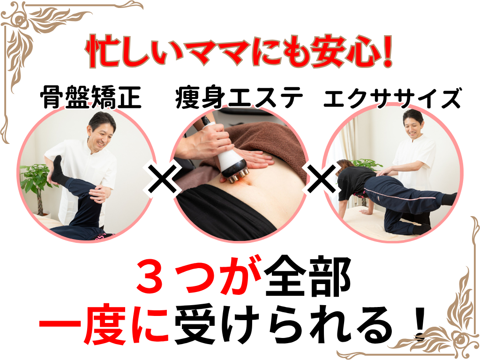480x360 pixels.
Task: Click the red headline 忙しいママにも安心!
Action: (239, 52)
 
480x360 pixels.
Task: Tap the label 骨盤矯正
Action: (90, 97)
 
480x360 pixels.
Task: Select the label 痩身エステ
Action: (239, 97)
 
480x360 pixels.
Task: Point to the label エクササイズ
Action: (392, 97)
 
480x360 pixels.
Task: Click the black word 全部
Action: (307, 277)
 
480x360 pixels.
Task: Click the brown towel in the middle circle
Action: (270, 144)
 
